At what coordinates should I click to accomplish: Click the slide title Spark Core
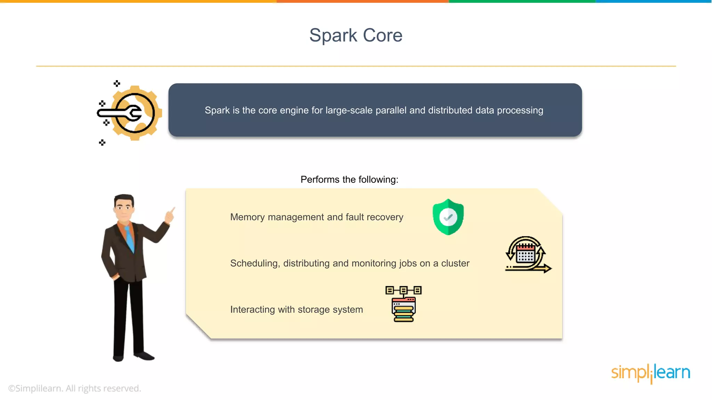click(356, 35)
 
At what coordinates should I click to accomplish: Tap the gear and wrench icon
click(132, 113)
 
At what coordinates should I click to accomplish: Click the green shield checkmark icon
click(448, 217)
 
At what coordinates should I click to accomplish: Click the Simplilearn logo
click(650, 373)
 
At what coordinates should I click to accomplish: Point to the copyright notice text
click(74, 388)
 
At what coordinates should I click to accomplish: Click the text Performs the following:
click(349, 180)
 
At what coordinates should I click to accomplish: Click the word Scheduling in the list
click(255, 264)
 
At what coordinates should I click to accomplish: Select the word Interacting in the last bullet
click(252, 309)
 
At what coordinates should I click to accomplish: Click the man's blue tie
click(130, 238)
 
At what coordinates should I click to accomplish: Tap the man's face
click(123, 209)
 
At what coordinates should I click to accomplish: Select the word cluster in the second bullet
click(455, 264)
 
